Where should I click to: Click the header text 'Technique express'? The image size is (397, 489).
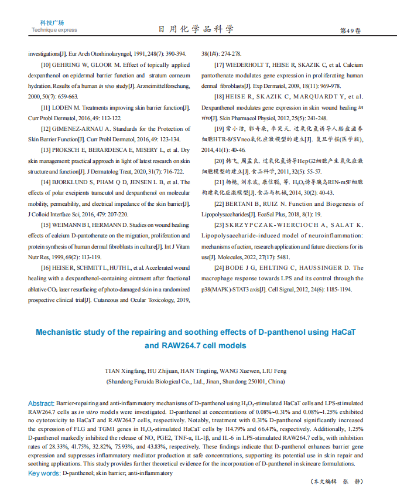(54, 30)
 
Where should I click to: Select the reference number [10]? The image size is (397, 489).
(46, 64)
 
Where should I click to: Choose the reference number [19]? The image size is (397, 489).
(219, 128)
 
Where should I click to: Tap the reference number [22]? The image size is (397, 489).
(220, 203)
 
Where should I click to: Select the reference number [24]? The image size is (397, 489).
(220, 267)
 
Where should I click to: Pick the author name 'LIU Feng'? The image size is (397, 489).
(273, 371)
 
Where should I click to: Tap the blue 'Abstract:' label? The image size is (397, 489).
(41, 403)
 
